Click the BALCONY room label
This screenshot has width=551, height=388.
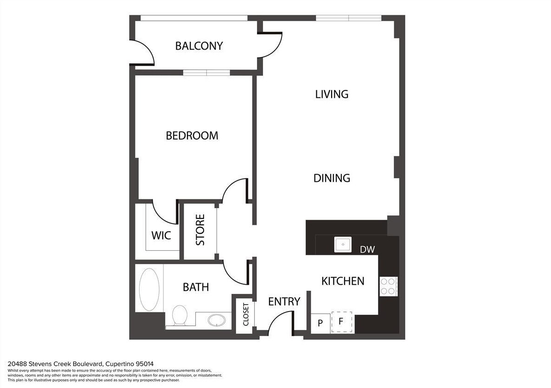click(199, 46)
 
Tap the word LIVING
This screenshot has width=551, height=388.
click(332, 94)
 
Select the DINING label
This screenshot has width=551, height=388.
click(332, 178)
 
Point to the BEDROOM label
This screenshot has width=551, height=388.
click(192, 135)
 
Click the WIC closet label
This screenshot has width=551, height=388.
click(161, 235)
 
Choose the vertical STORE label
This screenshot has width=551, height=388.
click(200, 230)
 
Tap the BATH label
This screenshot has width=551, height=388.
click(196, 287)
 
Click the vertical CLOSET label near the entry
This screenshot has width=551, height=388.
click(246, 314)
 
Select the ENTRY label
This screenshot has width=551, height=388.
click(284, 301)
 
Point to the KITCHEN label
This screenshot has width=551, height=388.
click(343, 281)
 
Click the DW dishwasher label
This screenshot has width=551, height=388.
click(367, 249)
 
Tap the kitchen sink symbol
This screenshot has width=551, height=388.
click(343, 244)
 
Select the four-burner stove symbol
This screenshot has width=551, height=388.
click(388, 286)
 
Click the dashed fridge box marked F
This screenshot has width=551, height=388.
click(341, 322)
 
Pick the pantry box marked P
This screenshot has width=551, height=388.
click(320, 324)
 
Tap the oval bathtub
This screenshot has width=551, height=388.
click(149, 289)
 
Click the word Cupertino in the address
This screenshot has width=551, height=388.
click(120, 363)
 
